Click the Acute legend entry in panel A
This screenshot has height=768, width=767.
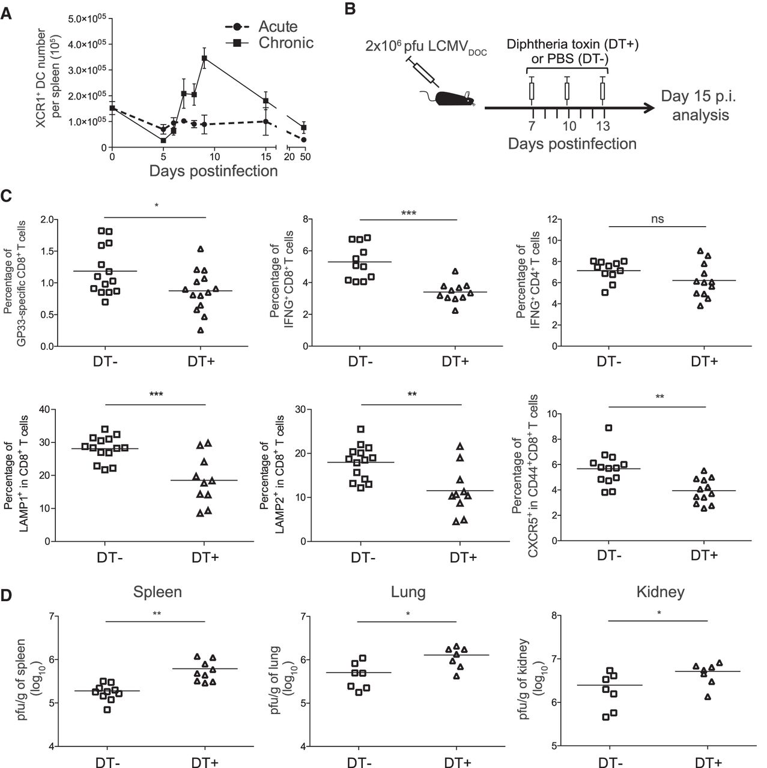277,27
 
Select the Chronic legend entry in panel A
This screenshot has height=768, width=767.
285,43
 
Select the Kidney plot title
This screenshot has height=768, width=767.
660,592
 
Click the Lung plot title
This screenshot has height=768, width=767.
408,592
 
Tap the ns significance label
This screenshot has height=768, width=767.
658,219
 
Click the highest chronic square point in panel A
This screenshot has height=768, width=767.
204,58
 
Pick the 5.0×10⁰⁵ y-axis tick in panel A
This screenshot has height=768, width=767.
87,19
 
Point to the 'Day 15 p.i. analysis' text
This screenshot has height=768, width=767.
700,105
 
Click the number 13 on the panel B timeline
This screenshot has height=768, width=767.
602,125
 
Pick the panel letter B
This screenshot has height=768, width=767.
351,8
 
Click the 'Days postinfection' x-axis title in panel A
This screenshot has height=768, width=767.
214,171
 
